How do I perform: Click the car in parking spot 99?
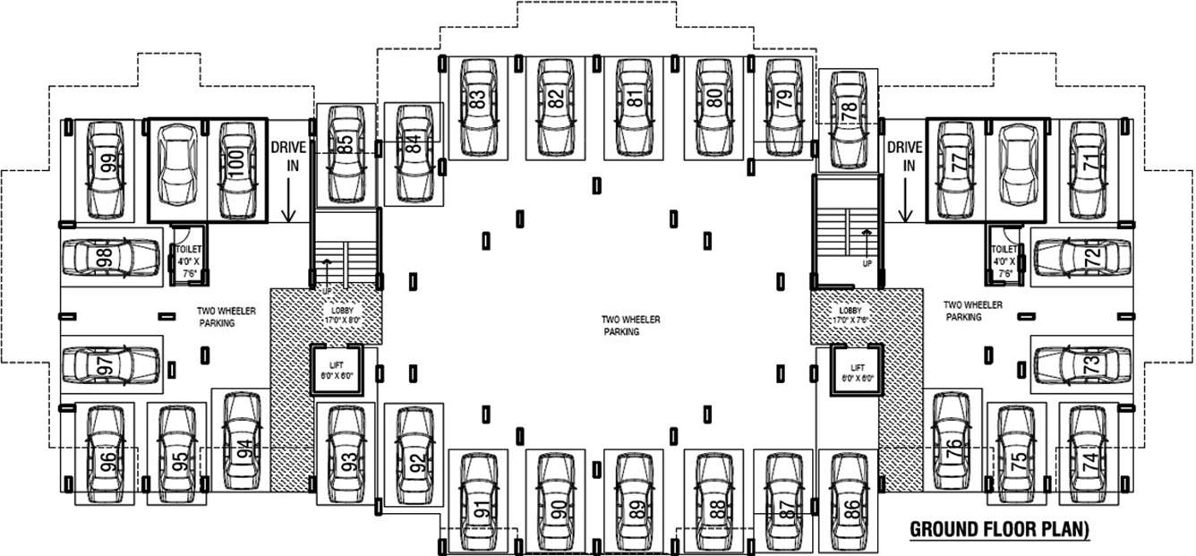pyautogui.click(x=107, y=170)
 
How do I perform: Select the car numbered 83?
pyautogui.click(x=478, y=107)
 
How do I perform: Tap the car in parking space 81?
pyautogui.click(x=635, y=107)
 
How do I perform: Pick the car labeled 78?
pyautogui.click(x=848, y=120)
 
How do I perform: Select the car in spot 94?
pyautogui.click(x=241, y=441)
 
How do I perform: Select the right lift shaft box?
pyautogui.click(x=857, y=371)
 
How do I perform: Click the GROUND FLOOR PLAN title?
pyautogui.click(x=999, y=528)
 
